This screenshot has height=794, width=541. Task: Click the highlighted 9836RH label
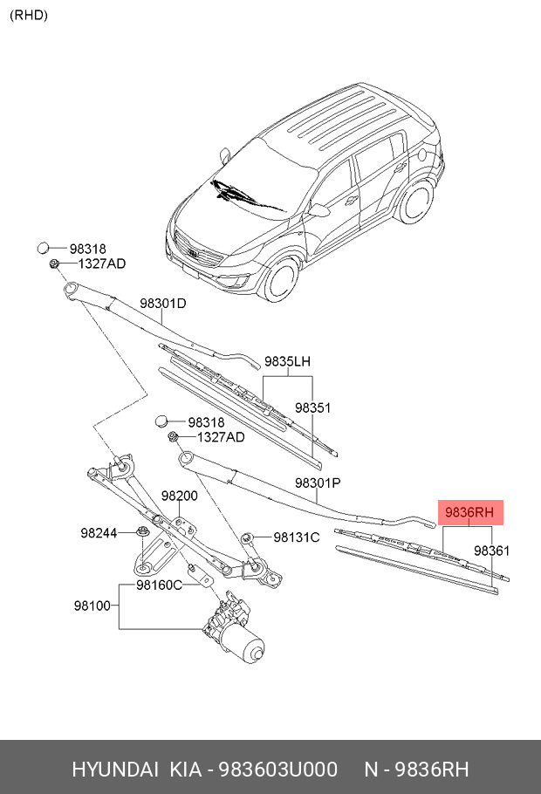(470, 513)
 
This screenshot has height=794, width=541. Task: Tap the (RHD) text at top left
(29, 15)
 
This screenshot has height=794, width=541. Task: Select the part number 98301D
(163, 304)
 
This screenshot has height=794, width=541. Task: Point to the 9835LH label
(288, 361)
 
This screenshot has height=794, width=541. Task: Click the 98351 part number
(312, 407)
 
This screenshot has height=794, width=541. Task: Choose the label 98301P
(318, 483)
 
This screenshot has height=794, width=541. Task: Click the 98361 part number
(491, 551)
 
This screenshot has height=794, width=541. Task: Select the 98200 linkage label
(179, 496)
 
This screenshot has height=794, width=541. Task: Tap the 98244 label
(99, 532)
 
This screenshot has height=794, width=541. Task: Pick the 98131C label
(297, 537)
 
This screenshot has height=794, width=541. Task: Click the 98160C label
(159, 585)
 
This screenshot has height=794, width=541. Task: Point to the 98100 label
(92, 604)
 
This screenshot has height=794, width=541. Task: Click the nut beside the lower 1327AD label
(173, 436)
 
